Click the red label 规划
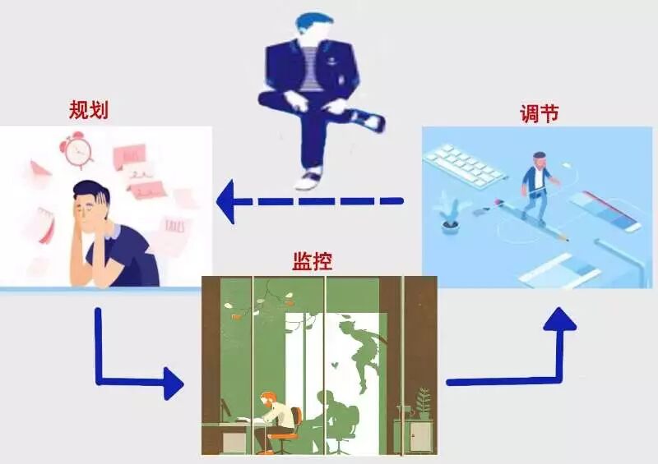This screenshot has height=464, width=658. tap(89, 110)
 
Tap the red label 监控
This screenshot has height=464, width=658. tap(313, 261)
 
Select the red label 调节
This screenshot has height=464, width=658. tap(540, 113)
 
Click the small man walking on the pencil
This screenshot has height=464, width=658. tap(538, 185)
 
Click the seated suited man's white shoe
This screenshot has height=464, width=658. tap(312, 177)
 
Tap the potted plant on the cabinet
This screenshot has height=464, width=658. tap(424, 402)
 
